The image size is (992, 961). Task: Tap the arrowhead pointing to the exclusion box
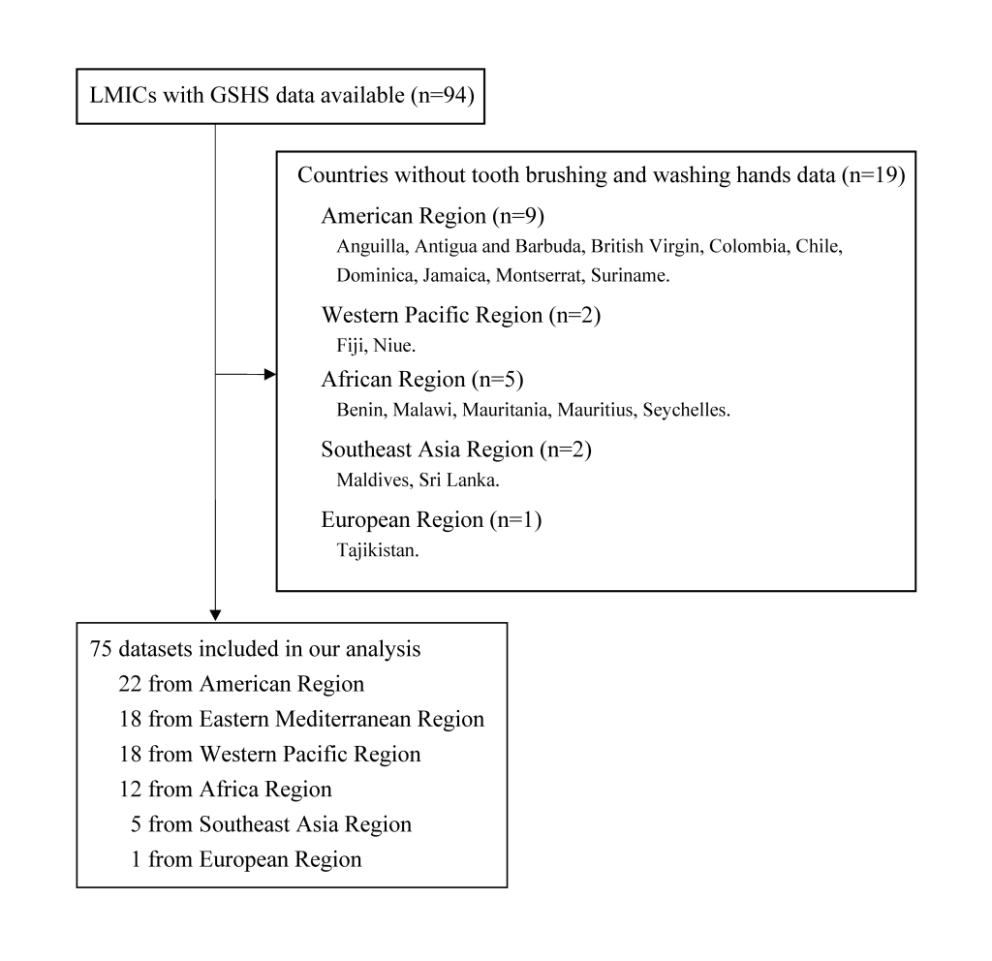click(x=270, y=374)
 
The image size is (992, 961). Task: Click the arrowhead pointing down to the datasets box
click(x=215, y=615)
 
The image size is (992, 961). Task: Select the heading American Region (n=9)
click(x=433, y=216)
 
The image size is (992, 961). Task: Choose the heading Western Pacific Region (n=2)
click(x=461, y=315)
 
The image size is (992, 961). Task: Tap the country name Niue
click(x=394, y=346)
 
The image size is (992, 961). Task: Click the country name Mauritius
click(x=597, y=410)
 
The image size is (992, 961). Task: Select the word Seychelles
click(x=687, y=410)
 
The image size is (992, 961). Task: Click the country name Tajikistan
click(x=378, y=550)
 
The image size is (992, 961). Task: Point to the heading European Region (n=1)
click(x=431, y=519)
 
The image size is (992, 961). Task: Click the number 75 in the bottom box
click(x=101, y=649)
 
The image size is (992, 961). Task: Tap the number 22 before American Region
click(x=131, y=684)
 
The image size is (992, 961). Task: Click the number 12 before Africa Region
click(x=131, y=790)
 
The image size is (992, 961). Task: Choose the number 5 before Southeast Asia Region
click(x=136, y=824)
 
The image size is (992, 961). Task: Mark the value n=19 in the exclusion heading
click(x=874, y=175)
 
